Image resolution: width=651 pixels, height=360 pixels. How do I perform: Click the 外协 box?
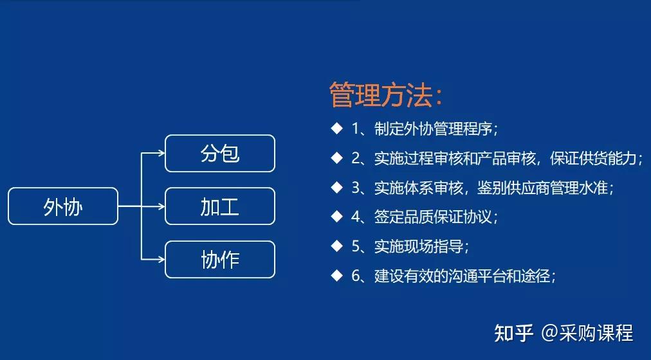[x=63, y=206]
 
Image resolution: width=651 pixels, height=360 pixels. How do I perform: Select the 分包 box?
[x=220, y=154]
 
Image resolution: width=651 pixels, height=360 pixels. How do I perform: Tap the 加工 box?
[x=220, y=206]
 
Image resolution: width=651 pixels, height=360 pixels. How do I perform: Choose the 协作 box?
[x=220, y=259]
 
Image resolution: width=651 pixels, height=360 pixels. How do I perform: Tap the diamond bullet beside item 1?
[x=336, y=128]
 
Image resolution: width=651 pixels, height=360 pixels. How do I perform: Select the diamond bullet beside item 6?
[x=336, y=276]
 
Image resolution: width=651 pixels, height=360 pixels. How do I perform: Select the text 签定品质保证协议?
[x=434, y=217]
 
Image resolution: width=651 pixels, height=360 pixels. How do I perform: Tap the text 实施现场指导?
[x=421, y=246]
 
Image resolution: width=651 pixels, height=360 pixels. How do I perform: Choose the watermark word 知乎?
[x=513, y=333]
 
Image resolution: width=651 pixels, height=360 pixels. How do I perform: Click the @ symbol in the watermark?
[x=549, y=333]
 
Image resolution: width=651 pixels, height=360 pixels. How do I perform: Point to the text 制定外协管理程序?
[x=434, y=128]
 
